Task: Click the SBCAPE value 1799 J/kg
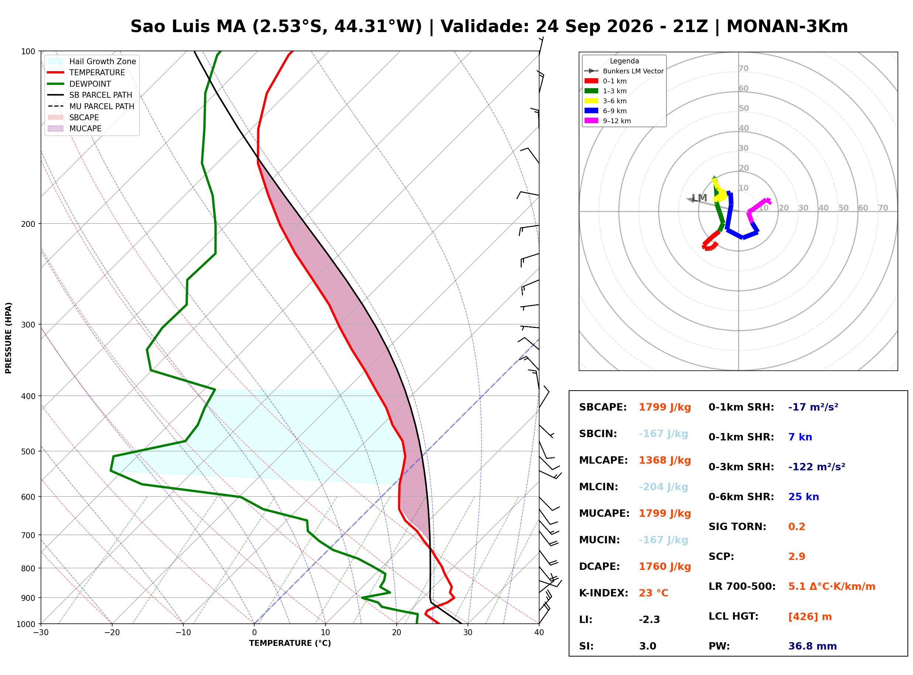(665, 407)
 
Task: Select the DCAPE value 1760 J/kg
(665, 567)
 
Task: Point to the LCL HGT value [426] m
(810, 617)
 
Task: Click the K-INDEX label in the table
(604, 593)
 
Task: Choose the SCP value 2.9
(796, 557)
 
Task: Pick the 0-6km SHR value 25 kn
(803, 497)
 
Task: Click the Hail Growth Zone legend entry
(92, 61)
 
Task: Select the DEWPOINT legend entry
(79, 84)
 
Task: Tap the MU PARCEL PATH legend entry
(91, 106)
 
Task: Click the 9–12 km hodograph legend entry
(608, 121)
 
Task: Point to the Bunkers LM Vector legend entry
(624, 71)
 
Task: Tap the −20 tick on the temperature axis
(111, 633)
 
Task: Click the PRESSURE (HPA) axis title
(8, 338)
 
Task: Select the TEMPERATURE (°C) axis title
(290, 643)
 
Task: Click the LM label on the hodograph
(699, 198)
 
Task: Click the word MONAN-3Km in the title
(787, 27)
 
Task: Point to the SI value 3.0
(647, 646)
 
